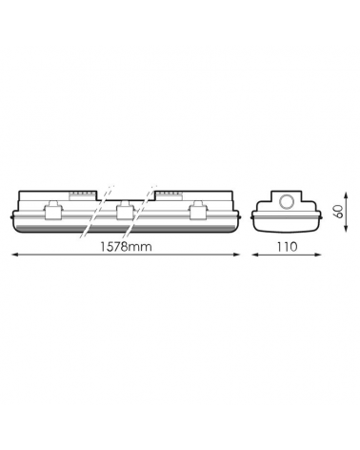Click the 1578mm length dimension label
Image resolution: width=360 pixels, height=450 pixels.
(x=126, y=247)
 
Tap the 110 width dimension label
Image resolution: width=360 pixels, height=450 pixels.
(x=287, y=247)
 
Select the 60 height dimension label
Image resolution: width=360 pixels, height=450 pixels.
(x=339, y=212)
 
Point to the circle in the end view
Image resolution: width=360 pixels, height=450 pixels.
(x=287, y=201)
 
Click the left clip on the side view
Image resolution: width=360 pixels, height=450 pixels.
(x=51, y=210)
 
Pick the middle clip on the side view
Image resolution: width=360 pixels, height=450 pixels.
(x=124, y=210)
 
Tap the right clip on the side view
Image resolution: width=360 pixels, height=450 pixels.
(x=196, y=210)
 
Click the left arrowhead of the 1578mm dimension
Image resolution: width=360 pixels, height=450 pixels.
(x=14, y=255)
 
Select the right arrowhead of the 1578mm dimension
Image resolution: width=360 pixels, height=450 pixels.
(x=236, y=255)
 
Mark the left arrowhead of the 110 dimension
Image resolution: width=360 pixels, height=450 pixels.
(x=255, y=255)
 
